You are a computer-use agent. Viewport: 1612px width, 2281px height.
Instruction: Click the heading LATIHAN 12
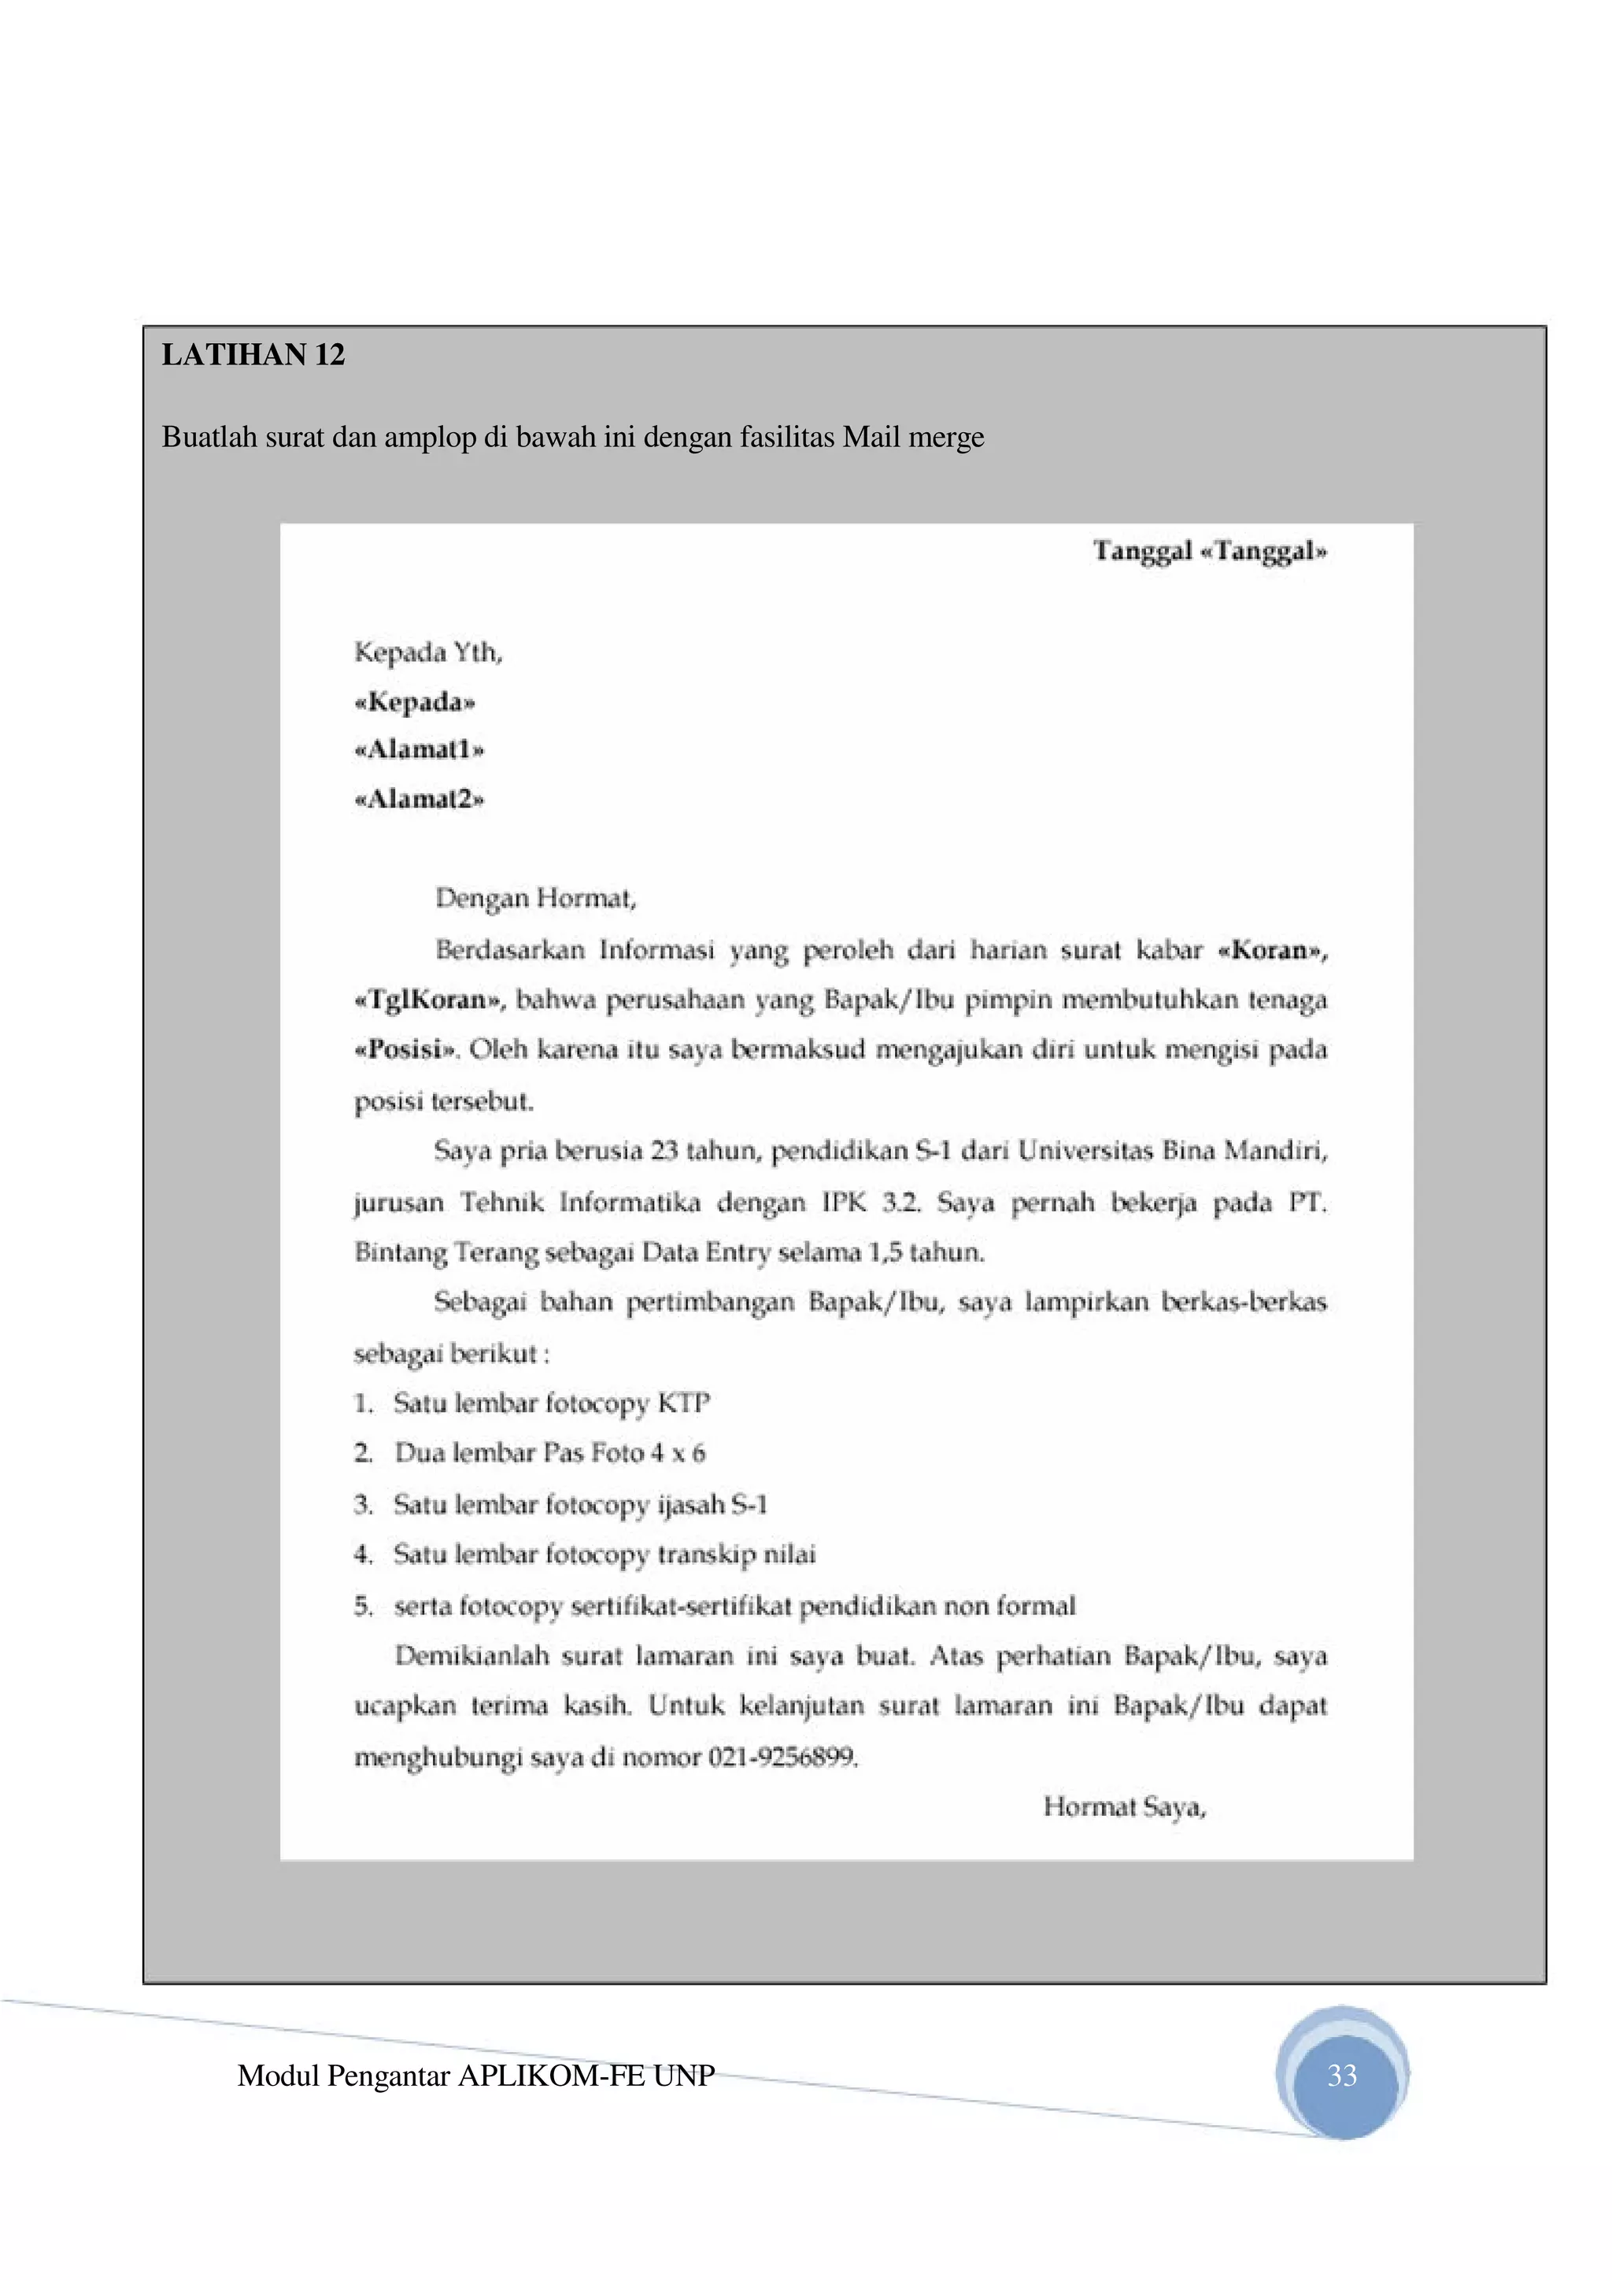pyautogui.click(x=253, y=356)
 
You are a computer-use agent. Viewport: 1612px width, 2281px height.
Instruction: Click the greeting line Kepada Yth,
pyautogui.click(x=428, y=653)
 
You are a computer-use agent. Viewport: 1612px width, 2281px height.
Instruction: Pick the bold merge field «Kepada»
pyautogui.click(x=414, y=702)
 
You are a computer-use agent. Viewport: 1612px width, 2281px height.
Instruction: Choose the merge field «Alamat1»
pyautogui.click(x=418, y=750)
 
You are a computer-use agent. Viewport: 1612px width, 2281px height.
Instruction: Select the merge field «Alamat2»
pyautogui.click(x=418, y=800)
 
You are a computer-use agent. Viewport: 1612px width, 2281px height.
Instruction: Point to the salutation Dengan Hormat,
pyautogui.click(x=535, y=899)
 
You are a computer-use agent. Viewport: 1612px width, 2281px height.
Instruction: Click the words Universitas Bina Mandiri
pyautogui.click(x=1172, y=1152)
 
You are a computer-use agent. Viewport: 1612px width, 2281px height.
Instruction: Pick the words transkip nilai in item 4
pyautogui.click(x=736, y=1555)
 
